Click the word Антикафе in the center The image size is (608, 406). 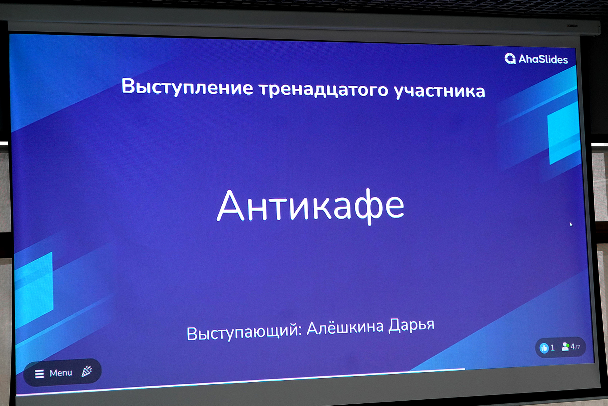click(310, 206)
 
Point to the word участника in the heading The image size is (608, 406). click(440, 91)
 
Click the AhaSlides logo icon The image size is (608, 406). click(510, 58)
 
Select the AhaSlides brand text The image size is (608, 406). click(543, 59)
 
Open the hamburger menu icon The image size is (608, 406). click(40, 374)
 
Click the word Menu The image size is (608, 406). click(61, 373)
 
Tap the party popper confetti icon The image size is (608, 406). click(87, 371)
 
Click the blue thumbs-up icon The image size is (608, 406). click(544, 348)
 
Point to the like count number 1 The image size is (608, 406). click(553, 348)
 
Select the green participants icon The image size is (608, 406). click(565, 347)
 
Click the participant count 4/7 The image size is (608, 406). click(575, 347)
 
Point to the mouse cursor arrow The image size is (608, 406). click(571, 224)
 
